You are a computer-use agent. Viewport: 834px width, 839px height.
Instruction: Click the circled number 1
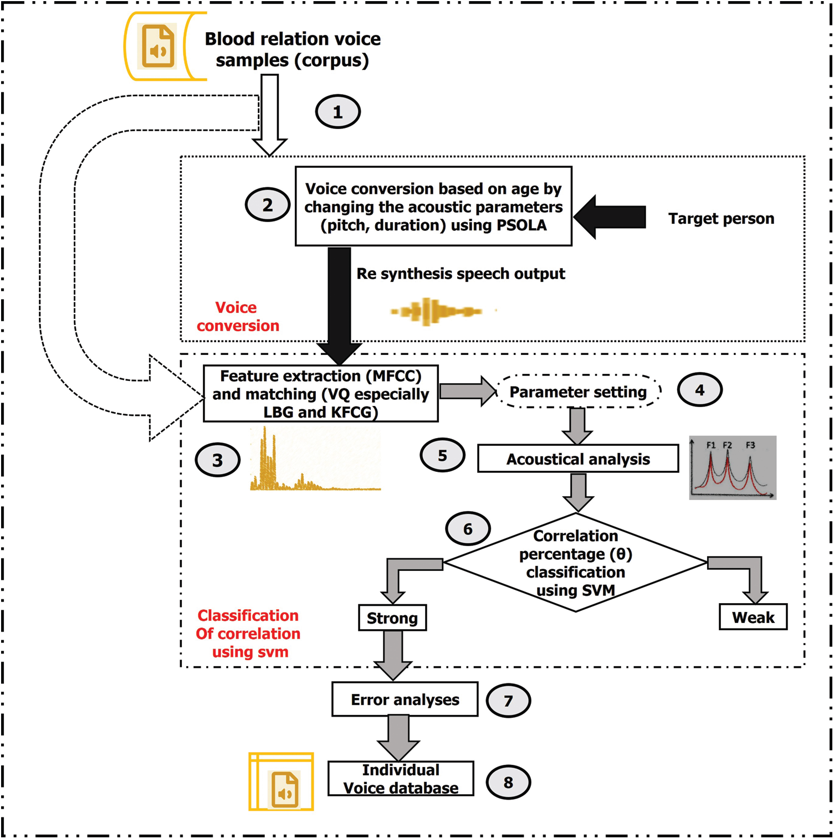[337, 112]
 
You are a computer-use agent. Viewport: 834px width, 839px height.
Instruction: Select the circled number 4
[699, 390]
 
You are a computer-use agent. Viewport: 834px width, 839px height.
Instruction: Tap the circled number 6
[468, 529]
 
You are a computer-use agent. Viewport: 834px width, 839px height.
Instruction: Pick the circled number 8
[508, 783]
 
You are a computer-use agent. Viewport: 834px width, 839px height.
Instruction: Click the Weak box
[753, 617]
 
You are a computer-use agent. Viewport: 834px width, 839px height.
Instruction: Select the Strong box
[392, 618]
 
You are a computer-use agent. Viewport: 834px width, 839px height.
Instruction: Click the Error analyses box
[405, 699]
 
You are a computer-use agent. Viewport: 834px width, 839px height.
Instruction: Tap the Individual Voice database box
[401, 779]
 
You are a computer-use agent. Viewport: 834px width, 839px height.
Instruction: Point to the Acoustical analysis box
[578, 459]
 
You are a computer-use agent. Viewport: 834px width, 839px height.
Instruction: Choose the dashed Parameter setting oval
[578, 392]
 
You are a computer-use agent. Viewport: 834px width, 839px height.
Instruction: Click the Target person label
[721, 219]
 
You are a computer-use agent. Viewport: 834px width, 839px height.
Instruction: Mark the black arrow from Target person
[610, 217]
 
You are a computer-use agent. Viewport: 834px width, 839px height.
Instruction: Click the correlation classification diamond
[575, 563]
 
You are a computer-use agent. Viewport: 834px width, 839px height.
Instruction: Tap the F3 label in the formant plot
[750, 445]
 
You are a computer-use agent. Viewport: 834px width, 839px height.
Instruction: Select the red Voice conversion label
[237, 316]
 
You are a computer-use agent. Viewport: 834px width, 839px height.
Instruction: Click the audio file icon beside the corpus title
[158, 46]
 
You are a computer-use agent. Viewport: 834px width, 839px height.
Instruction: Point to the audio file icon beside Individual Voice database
[285, 789]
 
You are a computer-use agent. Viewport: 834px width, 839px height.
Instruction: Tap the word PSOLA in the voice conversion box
[522, 225]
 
